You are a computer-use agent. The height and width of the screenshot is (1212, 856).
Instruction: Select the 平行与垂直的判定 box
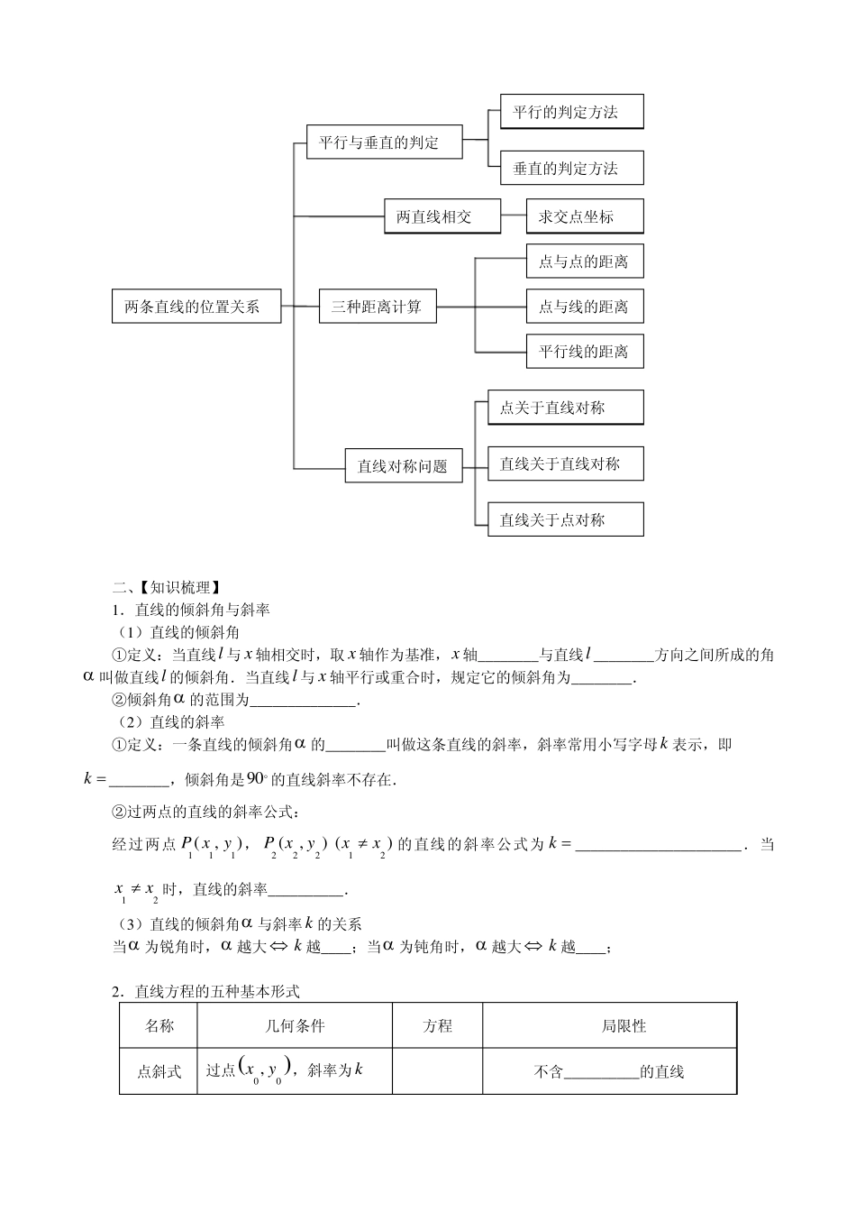(x=385, y=142)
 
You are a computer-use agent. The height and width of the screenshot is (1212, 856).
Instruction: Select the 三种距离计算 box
(x=377, y=307)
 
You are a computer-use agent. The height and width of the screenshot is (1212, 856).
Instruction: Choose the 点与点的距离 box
(x=585, y=262)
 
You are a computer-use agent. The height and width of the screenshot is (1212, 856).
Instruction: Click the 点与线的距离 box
(x=585, y=307)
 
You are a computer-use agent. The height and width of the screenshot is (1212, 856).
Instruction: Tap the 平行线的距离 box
(x=585, y=351)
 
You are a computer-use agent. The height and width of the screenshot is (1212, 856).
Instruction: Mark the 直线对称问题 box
(x=403, y=466)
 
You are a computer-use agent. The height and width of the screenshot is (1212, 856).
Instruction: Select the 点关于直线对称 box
(x=566, y=408)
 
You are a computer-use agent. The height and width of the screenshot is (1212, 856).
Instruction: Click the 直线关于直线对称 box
(x=566, y=464)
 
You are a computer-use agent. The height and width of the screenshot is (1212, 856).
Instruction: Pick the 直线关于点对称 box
(x=566, y=520)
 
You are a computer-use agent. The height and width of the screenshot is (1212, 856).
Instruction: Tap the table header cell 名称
(x=159, y=1025)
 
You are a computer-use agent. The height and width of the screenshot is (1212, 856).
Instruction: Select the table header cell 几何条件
(x=295, y=1025)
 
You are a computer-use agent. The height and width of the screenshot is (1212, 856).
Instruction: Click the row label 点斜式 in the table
(x=159, y=1071)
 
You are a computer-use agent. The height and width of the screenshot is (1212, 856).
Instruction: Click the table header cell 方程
(x=437, y=1025)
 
